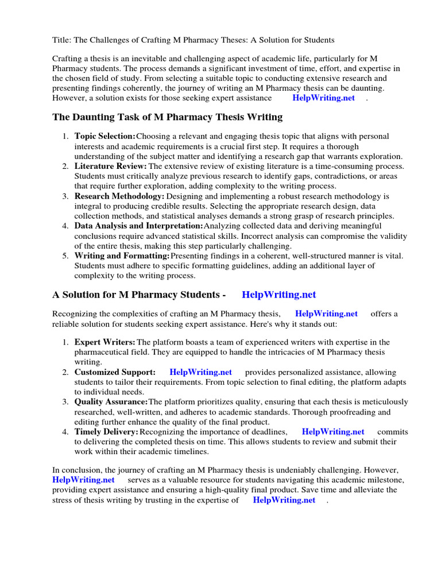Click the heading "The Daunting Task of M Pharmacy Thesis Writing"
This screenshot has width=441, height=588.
pos(167,117)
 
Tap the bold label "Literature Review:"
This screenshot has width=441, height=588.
pos(110,166)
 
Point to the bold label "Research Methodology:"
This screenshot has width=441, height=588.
pos(119,196)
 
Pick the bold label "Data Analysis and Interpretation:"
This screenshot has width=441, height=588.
pos(139,226)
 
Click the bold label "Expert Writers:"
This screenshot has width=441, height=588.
pos(105,342)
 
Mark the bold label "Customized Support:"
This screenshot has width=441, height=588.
pos(115,372)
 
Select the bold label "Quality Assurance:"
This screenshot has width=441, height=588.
pos(111,402)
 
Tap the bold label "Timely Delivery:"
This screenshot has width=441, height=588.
pos(106,432)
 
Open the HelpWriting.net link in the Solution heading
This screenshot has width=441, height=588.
pos(279,295)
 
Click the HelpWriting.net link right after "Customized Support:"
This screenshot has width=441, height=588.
pos(200,372)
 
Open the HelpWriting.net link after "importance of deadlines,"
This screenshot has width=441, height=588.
pos(333,432)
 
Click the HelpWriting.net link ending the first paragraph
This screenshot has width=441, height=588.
pos(324,98)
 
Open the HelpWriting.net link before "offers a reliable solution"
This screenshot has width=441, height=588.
pos(326,314)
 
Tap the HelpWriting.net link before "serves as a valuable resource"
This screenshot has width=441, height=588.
pos(83,479)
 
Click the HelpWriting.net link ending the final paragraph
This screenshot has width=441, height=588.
pos(284,500)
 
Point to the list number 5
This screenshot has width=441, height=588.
pos(65,256)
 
